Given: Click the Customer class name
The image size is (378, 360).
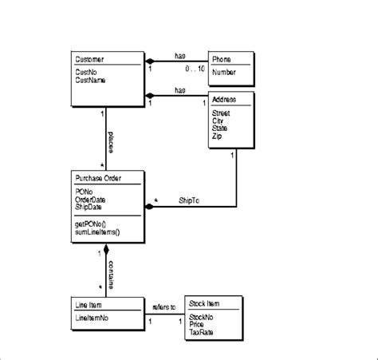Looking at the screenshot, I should click(89, 60).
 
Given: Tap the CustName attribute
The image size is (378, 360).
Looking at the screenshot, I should click(92, 80).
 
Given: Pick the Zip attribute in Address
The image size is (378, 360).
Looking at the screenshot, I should click(217, 136).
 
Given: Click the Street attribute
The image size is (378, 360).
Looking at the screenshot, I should click(221, 113).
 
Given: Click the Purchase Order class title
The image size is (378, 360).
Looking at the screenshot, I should click(98, 176).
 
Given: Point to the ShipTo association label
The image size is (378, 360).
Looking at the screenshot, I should click(190, 201).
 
